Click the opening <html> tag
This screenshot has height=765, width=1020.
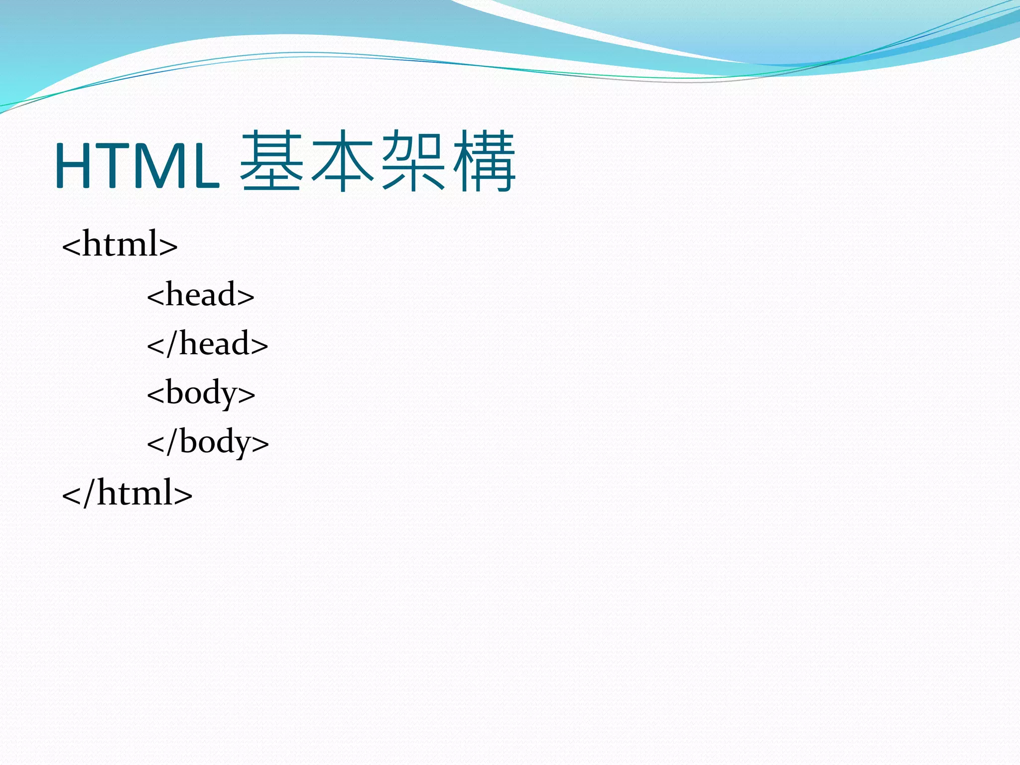[x=120, y=244]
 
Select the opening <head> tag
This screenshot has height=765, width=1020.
[x=201, y=294]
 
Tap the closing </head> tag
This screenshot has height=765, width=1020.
[x=208, y=344]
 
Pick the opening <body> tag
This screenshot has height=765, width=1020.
[x=201, y=393]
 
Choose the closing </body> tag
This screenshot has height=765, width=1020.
[x=208, y=442]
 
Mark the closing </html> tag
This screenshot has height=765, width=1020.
[x=127, y=493]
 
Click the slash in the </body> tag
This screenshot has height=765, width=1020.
[x=172, y=442]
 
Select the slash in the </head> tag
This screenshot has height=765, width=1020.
[x=172, y=344]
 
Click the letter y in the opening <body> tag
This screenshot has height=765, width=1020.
[x=229, y=396]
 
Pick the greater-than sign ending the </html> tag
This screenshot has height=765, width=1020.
[x=183, y=495]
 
